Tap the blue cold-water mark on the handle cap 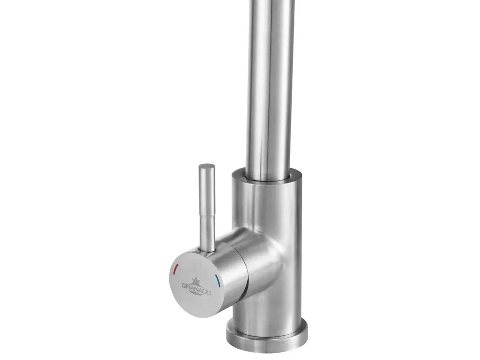coord(218,281)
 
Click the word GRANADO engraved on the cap coord(196,288)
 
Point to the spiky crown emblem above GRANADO coord(195,282)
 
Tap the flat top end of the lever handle coord(207,167)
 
